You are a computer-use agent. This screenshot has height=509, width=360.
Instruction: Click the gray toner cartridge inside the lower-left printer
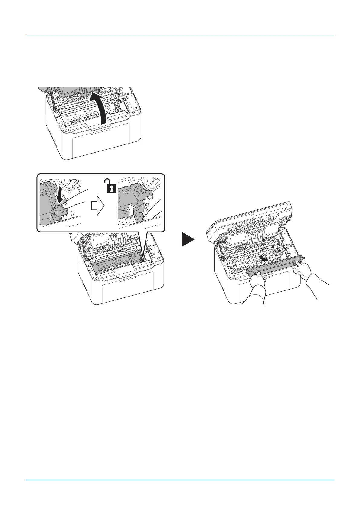pos(118,263)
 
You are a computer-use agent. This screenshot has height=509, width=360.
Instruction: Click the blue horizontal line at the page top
pos(180,37)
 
